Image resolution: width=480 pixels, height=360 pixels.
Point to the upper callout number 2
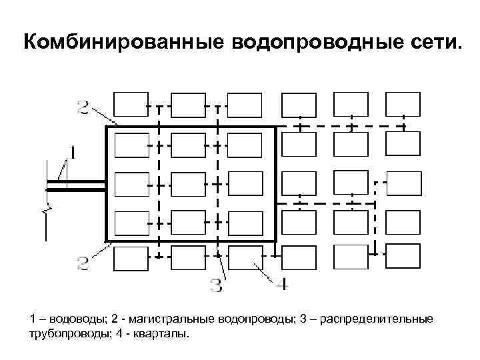(x=83, y=107)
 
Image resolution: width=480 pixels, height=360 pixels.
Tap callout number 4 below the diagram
(x=282, y=285)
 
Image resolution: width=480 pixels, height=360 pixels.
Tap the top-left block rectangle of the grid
(x=131, y=105)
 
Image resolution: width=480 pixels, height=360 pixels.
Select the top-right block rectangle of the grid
(x=403, y=104)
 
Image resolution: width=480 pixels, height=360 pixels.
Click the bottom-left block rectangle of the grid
(x=131, y=258)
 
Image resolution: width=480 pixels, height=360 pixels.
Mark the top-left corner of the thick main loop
(x=107, y=127)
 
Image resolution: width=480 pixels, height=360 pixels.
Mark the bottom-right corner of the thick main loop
(x=275, y=241)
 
